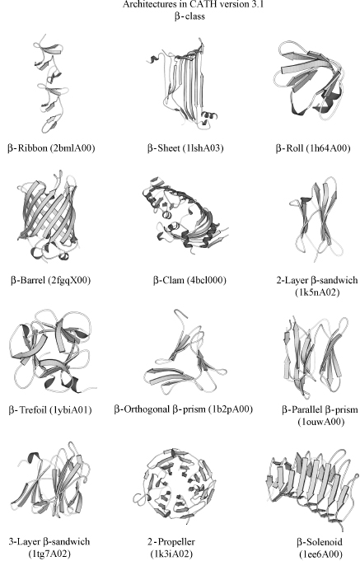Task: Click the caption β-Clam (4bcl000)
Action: pos(180,280)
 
